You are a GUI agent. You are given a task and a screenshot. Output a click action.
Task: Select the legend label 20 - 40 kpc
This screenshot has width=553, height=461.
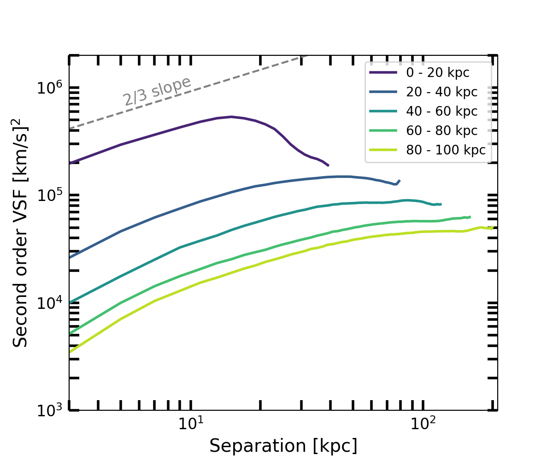pyautogui.click(x=441, y=92)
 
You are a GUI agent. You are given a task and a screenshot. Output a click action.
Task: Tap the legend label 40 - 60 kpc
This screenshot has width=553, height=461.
pyautogui.click(x=441, y=111)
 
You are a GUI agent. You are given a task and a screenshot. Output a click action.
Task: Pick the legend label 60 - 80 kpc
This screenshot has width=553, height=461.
pyautogui.click(x=441, y=130)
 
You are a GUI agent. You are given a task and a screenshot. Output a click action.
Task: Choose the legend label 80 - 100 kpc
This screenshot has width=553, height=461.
pyautogui.click(x=445, y=150)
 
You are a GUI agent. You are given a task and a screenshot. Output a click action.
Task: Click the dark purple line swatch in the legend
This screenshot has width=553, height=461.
pyautogui.click(x=383, y=72)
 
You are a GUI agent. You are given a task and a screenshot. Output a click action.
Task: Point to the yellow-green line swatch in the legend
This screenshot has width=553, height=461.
pyautogui.click(x=383, y=150)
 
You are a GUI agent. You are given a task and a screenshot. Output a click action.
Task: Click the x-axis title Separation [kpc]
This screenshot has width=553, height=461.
pyautogui.click(x=283, y=446)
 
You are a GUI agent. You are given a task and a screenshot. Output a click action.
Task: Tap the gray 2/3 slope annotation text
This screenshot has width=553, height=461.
pyautogui.click(x=157, y=91)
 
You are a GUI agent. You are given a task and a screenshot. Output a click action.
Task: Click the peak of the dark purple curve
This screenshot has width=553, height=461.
pyautogui.click(x=231, y=117)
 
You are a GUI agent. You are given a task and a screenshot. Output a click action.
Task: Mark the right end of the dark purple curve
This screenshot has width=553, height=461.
pyautogui.click(x=328, y=165)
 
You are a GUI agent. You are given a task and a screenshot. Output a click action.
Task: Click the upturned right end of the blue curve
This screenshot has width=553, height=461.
pyautogui.click(x=399, y=181)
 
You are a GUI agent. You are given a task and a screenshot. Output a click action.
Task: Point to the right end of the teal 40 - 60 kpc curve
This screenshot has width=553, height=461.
pyautogui.click(x=441, y=204)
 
